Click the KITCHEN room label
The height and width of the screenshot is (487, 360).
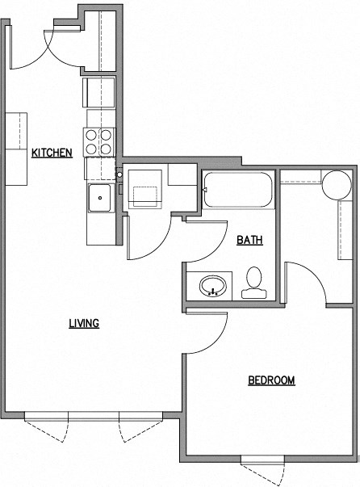click(52, 153)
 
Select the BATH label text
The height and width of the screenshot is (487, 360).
click(248, 240)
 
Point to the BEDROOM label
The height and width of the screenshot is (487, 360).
click(270, 380)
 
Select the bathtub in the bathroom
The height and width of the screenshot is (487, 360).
click(238, 192)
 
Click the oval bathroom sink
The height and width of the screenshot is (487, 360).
click(214, 286)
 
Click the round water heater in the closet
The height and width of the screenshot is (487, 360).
click(337, 184)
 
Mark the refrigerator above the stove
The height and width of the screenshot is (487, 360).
click(98, 92)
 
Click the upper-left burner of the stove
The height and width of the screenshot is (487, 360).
click(91, 136)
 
